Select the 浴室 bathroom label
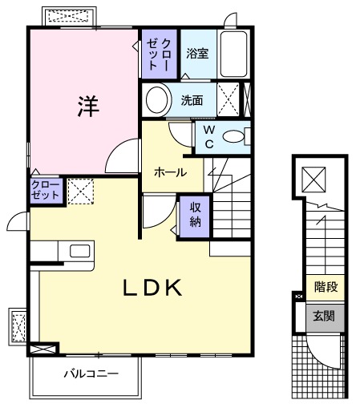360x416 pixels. (x=197, y=55)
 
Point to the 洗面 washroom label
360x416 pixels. (x=191, y=101)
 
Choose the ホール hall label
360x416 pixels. (x=170, y=172)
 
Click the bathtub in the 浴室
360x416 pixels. (x=235, y=54)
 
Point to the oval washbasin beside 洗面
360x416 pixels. (x=157, y=101)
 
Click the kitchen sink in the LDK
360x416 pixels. (x=80, y=251)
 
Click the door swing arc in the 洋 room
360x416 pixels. (x=121, y=155)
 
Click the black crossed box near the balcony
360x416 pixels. (x=42, y=349)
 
